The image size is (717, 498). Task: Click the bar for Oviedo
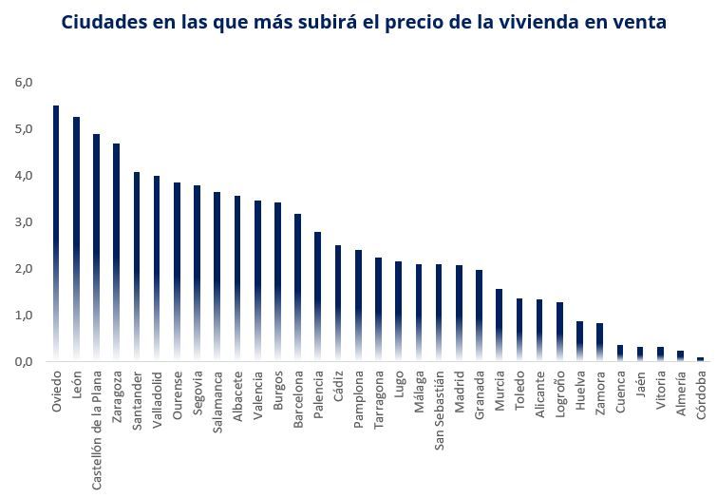coord(56,233)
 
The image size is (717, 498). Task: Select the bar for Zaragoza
coord(116,252)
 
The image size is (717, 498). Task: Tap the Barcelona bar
coord(297,287)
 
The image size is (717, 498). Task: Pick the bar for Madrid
coord(459,313)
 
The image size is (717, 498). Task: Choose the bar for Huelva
coord(579,341)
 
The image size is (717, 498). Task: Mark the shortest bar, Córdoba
coord(701,359)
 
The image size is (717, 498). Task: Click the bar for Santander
coord(137,266)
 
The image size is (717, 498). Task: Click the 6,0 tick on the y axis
coord(24,83)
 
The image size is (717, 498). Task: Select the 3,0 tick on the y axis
coord(24,222)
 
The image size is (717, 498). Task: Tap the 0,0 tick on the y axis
coord(24,362)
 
